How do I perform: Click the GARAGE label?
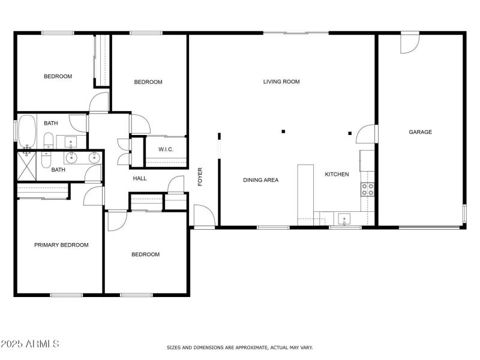pos(420,132)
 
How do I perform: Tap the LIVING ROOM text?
pos(281,82)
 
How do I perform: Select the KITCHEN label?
pos(337,175)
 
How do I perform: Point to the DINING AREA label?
pos(260,180)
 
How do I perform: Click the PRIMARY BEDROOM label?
pos(61,245)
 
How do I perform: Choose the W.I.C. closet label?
pos(166,149)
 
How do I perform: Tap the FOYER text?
pos(201,176)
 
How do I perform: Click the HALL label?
pos(140,178)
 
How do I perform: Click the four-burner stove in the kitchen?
pos(367,190)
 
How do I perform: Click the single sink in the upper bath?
pos(71,143)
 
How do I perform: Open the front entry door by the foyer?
pos(203,216)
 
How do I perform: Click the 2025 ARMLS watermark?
pos(30,344)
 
